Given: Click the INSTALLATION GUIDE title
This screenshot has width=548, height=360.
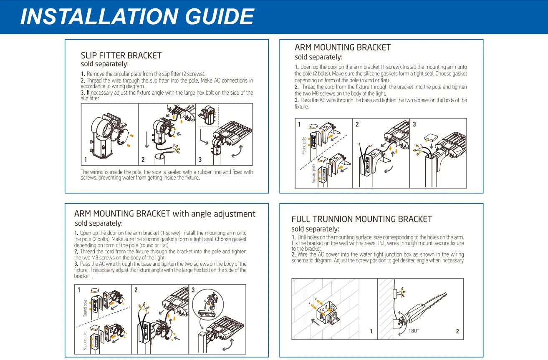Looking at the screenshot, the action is click(x=137, y=17).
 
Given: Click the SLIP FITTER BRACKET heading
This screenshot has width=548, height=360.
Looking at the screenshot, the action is click(x=121, y=55).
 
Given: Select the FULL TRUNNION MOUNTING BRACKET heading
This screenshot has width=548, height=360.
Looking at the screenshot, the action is click(x=361, y=219).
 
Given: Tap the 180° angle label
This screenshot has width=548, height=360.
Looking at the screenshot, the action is click(x=414, y=331).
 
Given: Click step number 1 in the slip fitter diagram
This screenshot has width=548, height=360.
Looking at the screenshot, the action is click(x=86, y=160).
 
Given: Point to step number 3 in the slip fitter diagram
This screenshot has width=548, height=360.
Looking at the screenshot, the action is click(x=200, y=160).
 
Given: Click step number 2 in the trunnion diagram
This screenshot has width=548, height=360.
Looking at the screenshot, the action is click(x=457, y=332).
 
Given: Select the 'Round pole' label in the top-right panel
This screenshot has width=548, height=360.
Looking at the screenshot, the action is click(x=304, y=146).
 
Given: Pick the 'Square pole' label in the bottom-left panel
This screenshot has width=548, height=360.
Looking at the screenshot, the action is click(x=85, y=341).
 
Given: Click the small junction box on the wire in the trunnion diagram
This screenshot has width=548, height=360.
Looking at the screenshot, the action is click(x=394, y=294).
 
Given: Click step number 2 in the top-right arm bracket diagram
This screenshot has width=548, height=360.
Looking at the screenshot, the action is click(x=357, y=124).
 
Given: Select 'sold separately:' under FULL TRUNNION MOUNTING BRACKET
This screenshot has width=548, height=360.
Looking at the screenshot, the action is click(x=315, y=229).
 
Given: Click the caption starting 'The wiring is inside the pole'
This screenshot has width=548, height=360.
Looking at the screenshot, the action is click(x=167, y=175).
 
